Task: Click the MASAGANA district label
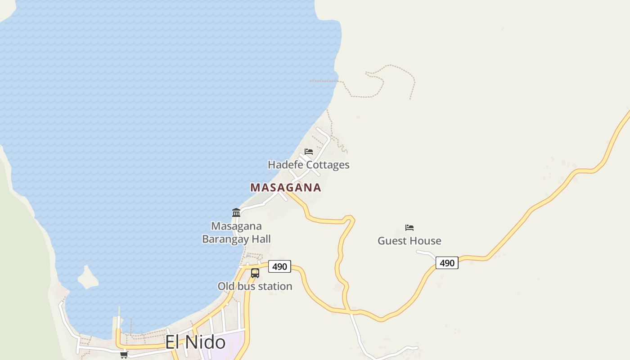click(286, 188)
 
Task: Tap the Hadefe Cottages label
click(309, 165)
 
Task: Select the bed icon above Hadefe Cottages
click(309, 151)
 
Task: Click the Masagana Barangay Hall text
click(236, 232)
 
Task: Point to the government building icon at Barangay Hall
click(236, 212)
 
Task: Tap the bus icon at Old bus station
click(255, 273)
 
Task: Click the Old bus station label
click(255, 286)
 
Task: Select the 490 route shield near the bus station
click(279, 266)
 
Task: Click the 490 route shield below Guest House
click(447, 263)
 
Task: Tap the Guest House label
click(409, 241)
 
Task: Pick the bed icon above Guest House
click(409, 227)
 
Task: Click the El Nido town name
click(195, 342)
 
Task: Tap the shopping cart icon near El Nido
click(124, 355)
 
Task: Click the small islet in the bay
click(87, 278)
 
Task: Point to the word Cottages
click(328, 165)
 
